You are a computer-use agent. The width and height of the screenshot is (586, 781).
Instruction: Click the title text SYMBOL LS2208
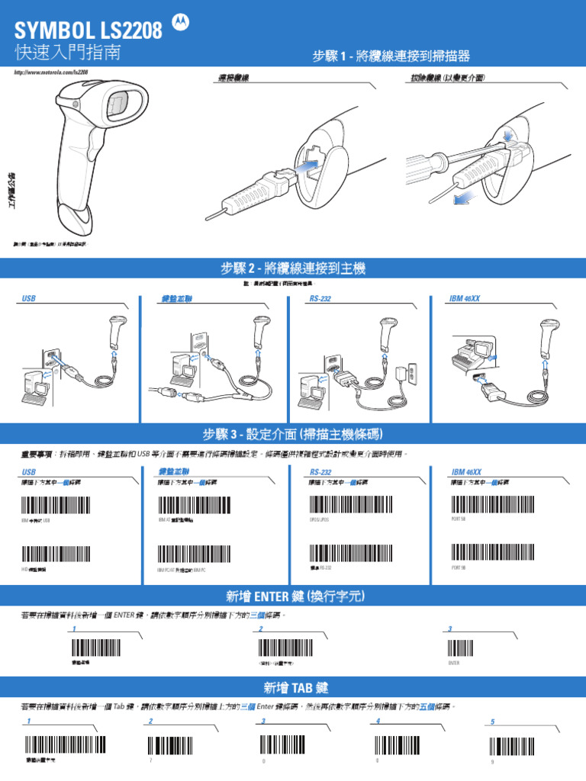point(89,31)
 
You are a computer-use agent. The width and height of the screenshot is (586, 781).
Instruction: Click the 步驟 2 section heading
point(293,268)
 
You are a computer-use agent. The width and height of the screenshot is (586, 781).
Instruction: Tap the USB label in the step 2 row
point(29,299)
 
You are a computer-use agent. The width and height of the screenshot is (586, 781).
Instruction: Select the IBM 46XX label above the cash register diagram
point(465,299)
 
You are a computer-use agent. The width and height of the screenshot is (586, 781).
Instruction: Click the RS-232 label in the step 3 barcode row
point(320,473)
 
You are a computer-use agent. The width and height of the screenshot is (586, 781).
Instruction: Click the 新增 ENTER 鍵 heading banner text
point(293,596)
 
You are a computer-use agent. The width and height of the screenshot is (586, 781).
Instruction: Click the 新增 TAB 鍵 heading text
point(293,686)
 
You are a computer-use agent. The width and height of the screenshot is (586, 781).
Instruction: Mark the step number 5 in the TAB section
point(492,722)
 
